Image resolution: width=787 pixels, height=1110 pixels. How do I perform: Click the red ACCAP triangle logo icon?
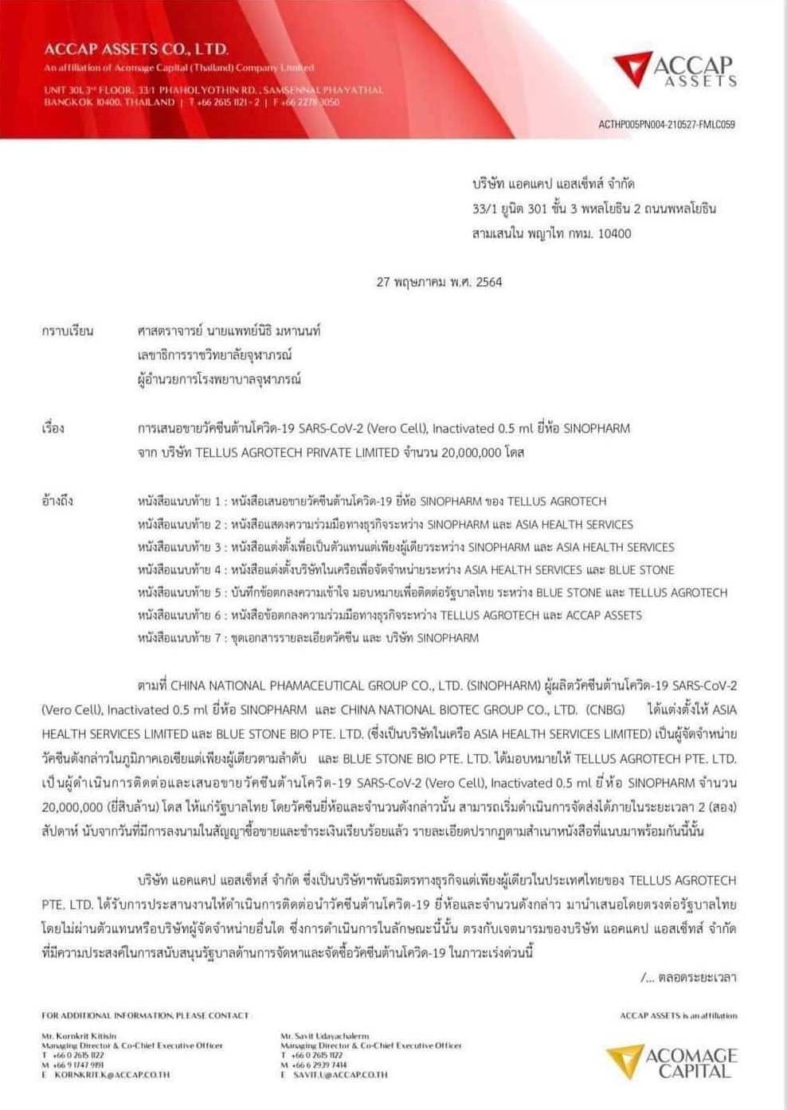point(632,68)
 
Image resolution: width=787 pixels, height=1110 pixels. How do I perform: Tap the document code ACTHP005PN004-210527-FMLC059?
point(667,124)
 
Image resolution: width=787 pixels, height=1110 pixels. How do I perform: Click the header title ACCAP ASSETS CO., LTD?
point(136,49)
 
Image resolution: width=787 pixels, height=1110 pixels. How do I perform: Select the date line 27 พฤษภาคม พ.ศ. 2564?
point(439,282)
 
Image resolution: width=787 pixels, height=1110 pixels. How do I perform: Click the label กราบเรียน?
point(68,330)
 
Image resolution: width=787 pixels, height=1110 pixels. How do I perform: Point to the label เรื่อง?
point(53,428)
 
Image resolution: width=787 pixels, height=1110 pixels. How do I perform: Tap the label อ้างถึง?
point(57,501)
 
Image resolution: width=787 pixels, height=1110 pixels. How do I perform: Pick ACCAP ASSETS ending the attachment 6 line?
point(604,616)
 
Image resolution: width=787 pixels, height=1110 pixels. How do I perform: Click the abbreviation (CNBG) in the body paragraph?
point(605,709)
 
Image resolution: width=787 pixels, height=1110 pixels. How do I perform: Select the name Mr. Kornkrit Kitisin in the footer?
point(79,1036)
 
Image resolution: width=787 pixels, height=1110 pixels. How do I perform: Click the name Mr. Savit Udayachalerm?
point(325,1036)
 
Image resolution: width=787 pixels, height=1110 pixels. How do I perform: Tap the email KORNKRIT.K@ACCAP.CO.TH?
point(112,1074)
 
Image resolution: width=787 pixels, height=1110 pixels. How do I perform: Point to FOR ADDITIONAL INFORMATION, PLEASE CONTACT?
point(145,1015)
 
